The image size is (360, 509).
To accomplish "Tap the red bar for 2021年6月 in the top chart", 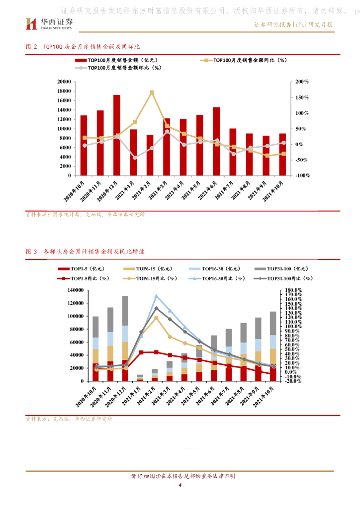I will coord(216,141).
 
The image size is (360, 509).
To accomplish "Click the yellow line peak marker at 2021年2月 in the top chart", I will coord(152,92).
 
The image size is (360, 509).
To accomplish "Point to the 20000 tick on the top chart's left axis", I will coord(63,82).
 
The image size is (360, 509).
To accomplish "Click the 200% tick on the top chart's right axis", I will coord(302,82).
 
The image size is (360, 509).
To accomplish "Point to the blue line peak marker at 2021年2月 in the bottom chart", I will coord(156,296).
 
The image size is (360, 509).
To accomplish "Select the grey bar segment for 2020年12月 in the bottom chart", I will coord(125,311).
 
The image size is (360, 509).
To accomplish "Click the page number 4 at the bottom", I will coord(180,485).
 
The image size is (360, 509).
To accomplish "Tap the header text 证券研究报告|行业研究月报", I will coord(293,24).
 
